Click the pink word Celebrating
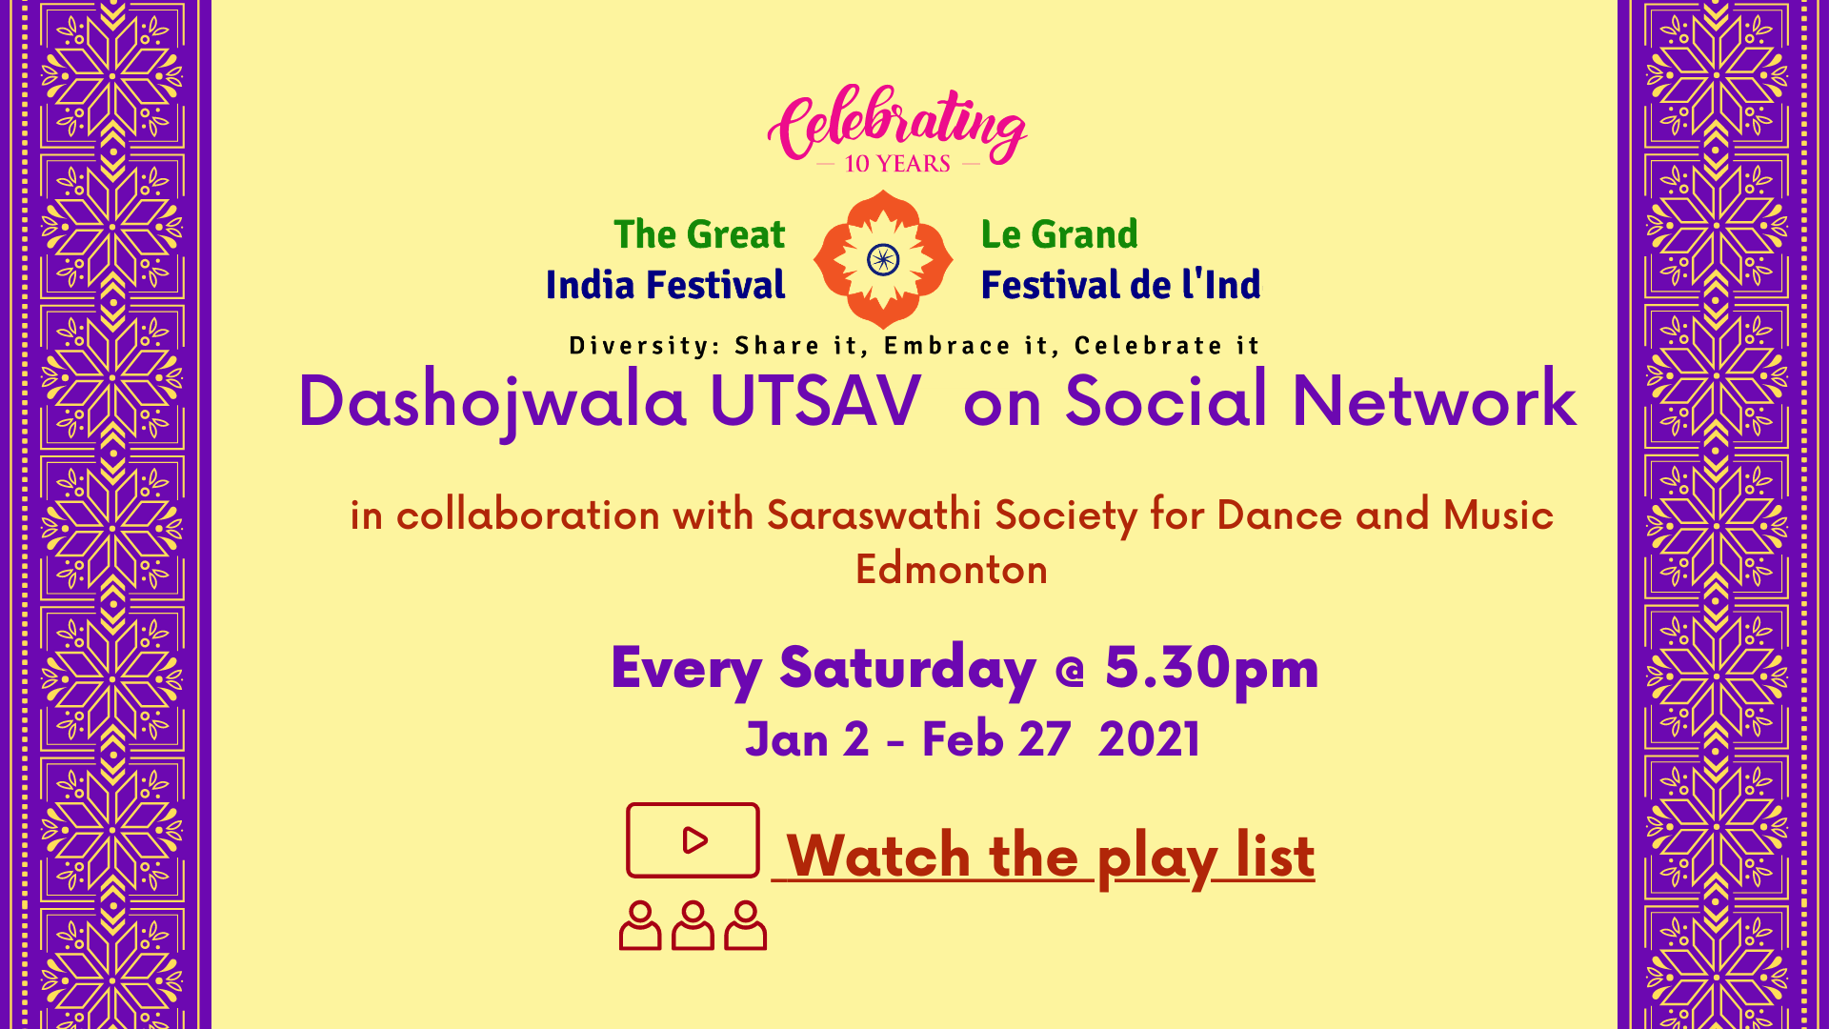pos(896,124)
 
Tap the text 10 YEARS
pos(897,164)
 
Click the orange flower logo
pos(883,259)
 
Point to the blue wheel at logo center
pos(883,259)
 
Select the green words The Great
pos(699,234)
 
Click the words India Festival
pos(665,285)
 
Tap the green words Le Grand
pos(1059,234)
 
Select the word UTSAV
pos(815,400)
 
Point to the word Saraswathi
pos(874,515)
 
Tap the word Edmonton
pos(952,570)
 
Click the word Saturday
pos(908,669)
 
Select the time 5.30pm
pos(1212,669)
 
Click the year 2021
pos(1149,740)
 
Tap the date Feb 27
pos(996,740)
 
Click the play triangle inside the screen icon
pos(695,839)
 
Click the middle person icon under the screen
pos(693,925)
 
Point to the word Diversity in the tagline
pos(646,346)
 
